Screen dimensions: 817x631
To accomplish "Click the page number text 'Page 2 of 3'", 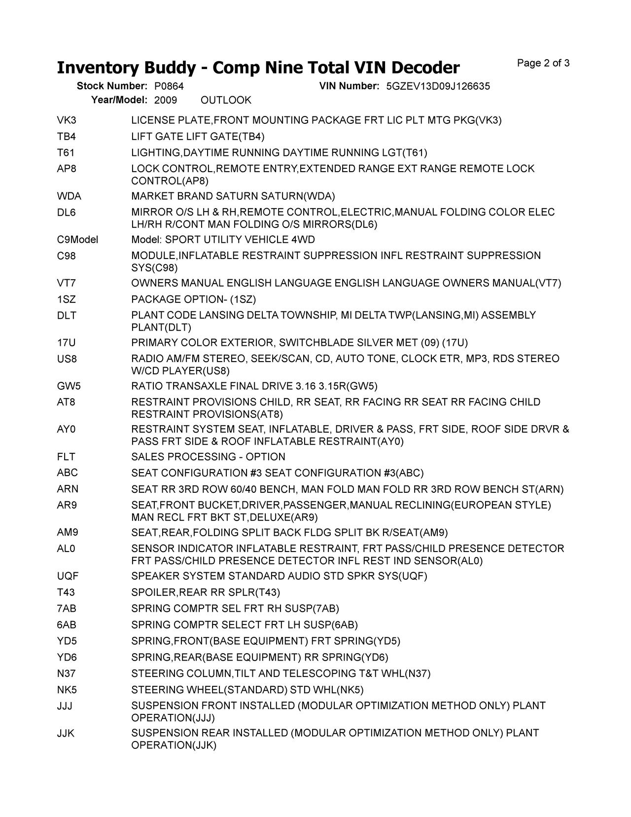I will tap(543, 63).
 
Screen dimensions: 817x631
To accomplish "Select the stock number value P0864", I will tap(169, 86).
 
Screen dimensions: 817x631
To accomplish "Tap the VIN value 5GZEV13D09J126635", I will tap(438, 86).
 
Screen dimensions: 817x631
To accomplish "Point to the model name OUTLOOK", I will tap(226, 101).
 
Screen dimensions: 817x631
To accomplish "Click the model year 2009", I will tap(166, 101).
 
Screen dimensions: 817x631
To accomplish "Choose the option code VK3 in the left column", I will tap(67, 120).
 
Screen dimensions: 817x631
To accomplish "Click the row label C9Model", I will tap(77, 240).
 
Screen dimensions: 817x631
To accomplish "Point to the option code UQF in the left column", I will tap(68, 576).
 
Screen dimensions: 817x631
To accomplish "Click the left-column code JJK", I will tap(66, 734).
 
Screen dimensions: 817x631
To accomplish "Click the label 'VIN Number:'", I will tap(349, 86).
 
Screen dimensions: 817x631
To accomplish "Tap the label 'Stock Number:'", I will tap(112, 86).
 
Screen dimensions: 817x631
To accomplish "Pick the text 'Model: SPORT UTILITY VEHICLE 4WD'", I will tap(223, 240).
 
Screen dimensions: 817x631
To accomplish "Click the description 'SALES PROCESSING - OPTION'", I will tap(208, 457).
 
